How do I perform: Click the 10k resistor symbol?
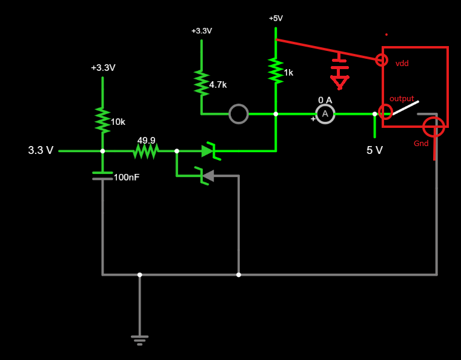tap(102, 121)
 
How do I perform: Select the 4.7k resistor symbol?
tap(201, 82)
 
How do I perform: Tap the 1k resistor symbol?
tap(276, 70)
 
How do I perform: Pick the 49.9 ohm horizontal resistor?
tap(145, 151)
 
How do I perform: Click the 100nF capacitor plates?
tap(102, 176)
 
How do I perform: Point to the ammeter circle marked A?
tap(325, 113)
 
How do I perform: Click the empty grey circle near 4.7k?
tap(239, 113)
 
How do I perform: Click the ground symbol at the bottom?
tap(140, 339)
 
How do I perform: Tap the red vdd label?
tap(402, 63)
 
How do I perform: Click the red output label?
tap(402, 98)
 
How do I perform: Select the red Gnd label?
tap(421, 144)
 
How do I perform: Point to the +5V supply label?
tap(276, 18)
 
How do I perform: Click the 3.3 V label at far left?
tap(41, 150)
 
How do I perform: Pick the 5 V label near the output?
tap(374, 150)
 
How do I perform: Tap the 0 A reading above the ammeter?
tap(325, 99)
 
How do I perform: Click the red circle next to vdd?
tap(382, 59)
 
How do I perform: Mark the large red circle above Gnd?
tap(434, 127)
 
